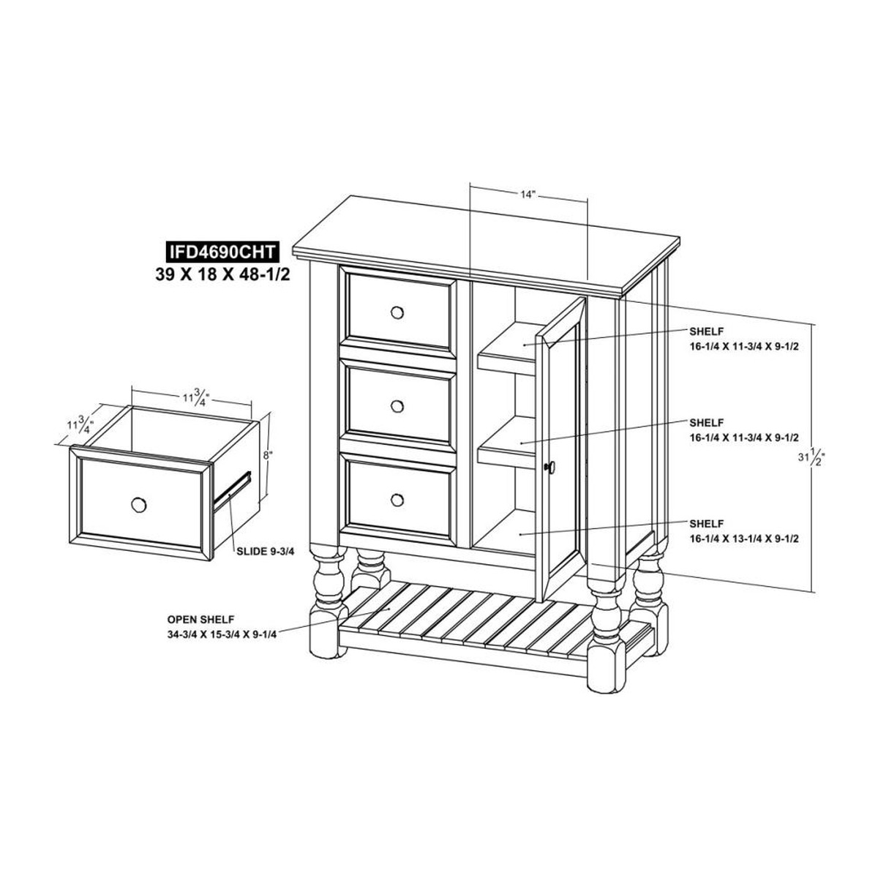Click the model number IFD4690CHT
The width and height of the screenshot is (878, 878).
click(222, 252)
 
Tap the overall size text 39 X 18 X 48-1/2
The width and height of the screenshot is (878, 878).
click(223, 275)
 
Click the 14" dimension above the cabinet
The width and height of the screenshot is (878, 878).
click(527, 195)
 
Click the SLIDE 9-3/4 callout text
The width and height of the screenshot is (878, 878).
click(266, 552)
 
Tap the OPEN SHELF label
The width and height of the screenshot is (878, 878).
click(200, 619)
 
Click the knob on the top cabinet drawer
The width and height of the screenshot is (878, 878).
click(397, 313)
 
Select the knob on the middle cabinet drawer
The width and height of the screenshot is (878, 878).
click(397, 406)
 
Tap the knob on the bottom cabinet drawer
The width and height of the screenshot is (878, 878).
click(397, 500)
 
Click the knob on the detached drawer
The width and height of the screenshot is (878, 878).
click(138, 505)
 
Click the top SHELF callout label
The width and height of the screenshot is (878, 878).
click(706, 331)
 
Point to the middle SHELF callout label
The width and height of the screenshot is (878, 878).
click(706, 422)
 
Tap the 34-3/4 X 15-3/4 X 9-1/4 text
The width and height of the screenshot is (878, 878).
click(222, 635)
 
